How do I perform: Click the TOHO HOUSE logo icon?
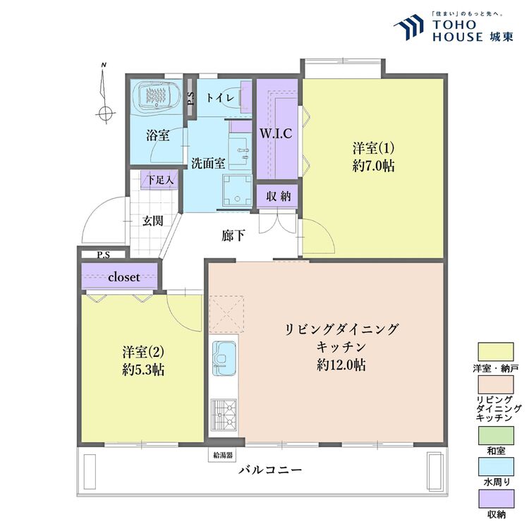coord(409,29)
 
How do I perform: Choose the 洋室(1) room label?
coord(373,149)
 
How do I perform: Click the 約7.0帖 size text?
coord(373,166)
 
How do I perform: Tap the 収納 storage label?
coord(279,196)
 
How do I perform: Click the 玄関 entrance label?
coord(152,221)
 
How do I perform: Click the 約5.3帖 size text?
coord(143,370)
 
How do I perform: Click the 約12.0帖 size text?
coord(341,365)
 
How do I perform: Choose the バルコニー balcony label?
coord(270,470)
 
